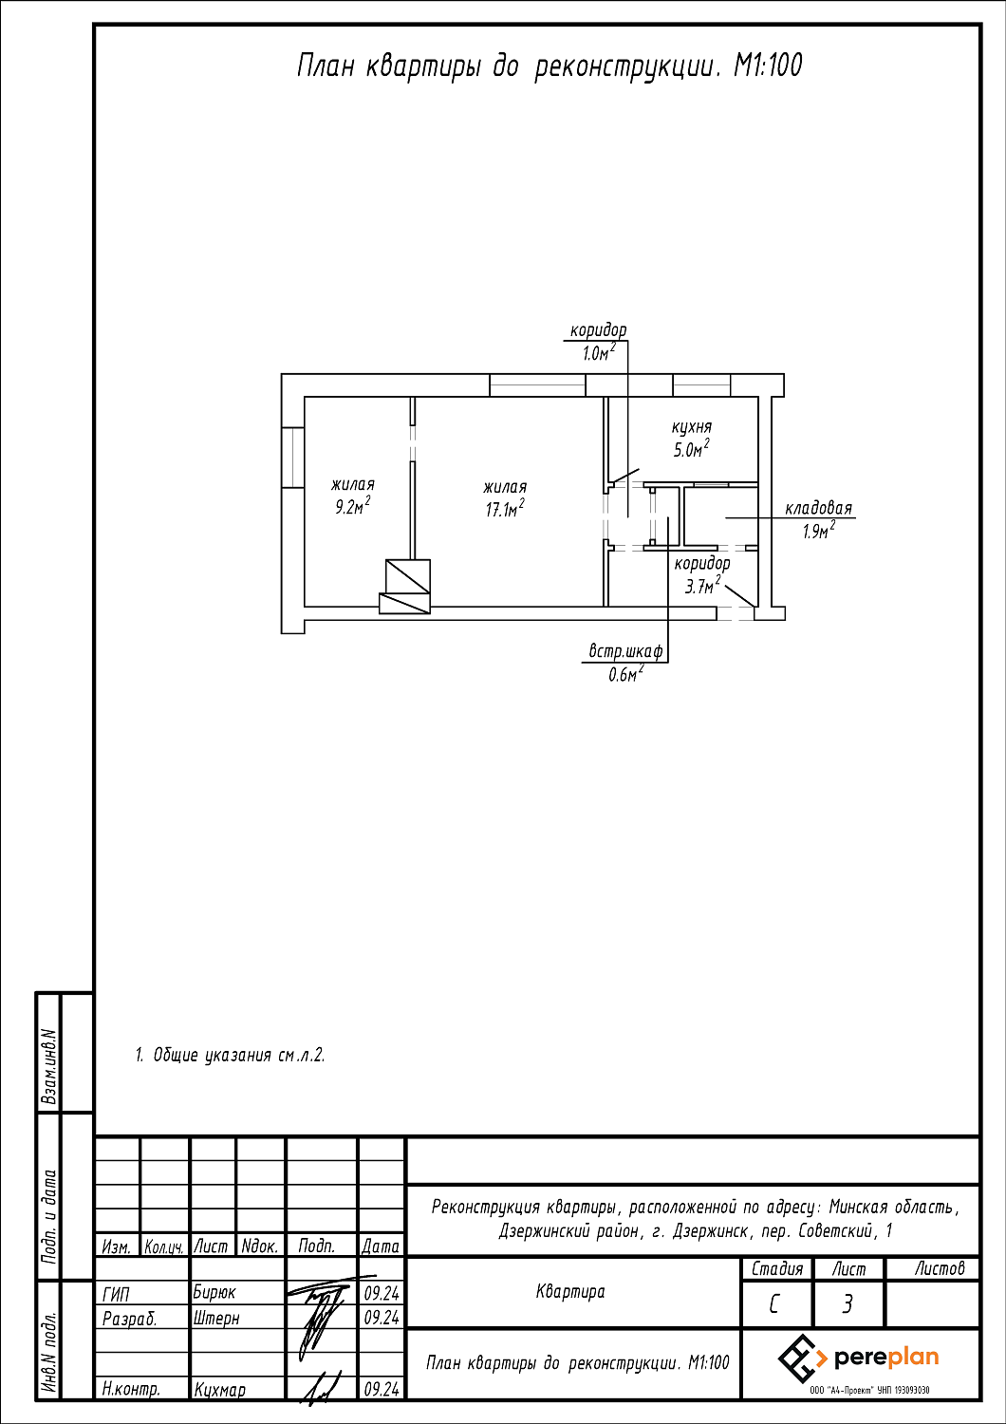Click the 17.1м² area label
click(x=505, y=509)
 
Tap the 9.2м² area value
click(x=353, y=506)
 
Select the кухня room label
click(x=692, y=427)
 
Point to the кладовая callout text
click(x=818, y=509)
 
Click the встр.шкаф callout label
click(x=625, y=652)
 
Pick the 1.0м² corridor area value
click(x=599, y=352)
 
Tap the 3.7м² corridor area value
click(x=702, y=584)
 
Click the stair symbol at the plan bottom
click(x=405, y=586)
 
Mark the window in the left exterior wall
click(x=293, y=457)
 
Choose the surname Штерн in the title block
click(x=216, y=1319)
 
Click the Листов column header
click(x=940, y=1269)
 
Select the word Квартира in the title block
click(x=570, y=1292)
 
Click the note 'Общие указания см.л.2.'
click(x=239, y=1056)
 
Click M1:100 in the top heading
click(x=769, y=66)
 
